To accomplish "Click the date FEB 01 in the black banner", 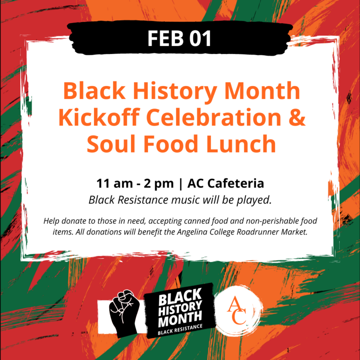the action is (179, 38).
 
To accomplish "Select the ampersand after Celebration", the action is (296, 117).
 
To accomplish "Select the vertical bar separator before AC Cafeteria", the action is (181, 184).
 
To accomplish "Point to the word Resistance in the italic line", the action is (143, 200).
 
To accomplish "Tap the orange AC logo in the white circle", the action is (237, 310).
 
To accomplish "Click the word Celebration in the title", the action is (213, 117).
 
